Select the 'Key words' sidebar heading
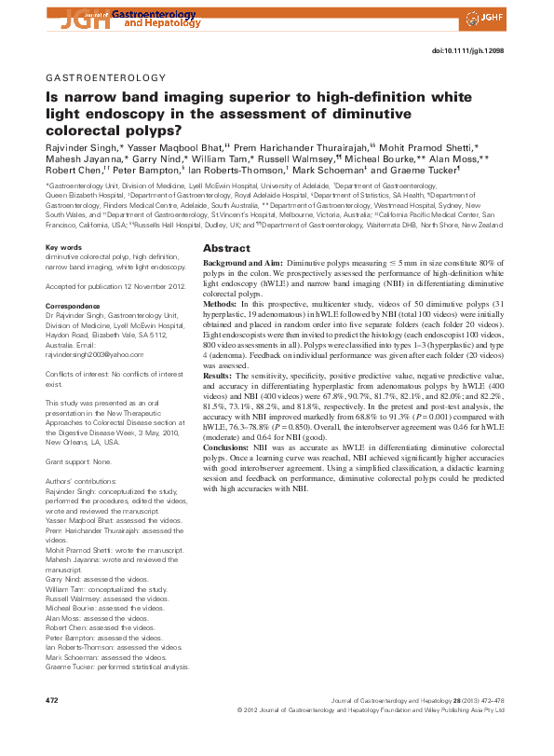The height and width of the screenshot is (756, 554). pyautogui.click(x=63, y=247)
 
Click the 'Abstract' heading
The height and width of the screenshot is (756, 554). pyautogui.click(x=226, y=249)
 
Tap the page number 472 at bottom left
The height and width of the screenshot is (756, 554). pyautogui.click(x=53, y=699)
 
